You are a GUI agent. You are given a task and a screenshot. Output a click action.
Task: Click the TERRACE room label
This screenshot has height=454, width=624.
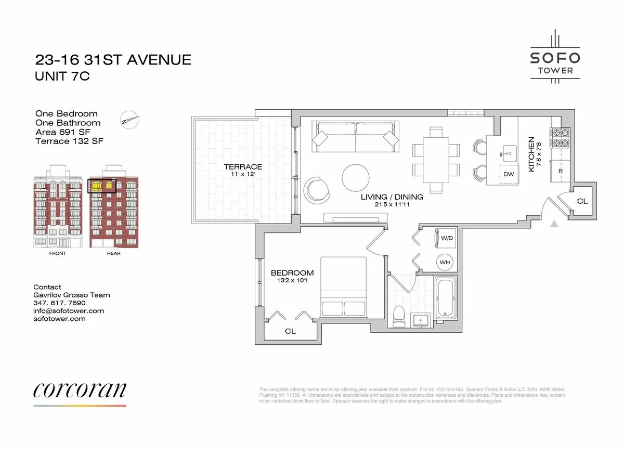coord(243,167)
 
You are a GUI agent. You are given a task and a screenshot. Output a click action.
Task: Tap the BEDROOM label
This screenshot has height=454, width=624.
coord(292,273)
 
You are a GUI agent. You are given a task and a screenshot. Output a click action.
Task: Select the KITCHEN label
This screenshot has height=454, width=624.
coord(531,154)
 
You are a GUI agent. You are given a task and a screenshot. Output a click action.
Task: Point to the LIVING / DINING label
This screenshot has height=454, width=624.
coord(392,197)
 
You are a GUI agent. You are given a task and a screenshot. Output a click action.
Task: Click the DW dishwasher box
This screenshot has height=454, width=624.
coord(508,174)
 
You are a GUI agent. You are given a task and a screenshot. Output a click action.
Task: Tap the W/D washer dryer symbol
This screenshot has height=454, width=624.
coord(446,238)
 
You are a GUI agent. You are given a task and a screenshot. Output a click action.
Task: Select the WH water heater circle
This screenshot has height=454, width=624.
coord(445,262)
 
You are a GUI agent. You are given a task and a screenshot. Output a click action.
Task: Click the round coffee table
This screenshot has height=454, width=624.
coord(357,178)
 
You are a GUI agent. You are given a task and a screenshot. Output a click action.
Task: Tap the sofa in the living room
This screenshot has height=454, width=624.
coord(355,136)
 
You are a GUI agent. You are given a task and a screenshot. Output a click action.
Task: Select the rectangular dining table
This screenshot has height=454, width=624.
coord(436,160)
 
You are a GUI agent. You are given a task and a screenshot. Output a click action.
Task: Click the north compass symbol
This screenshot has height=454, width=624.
coord(130,119)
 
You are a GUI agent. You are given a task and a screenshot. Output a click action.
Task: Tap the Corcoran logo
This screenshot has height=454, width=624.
coord(80,391)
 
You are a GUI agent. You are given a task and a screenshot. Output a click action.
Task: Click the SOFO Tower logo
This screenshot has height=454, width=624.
coord(555,57)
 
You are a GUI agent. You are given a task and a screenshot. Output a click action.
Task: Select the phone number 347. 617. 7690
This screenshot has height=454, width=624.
coord(59,303)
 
